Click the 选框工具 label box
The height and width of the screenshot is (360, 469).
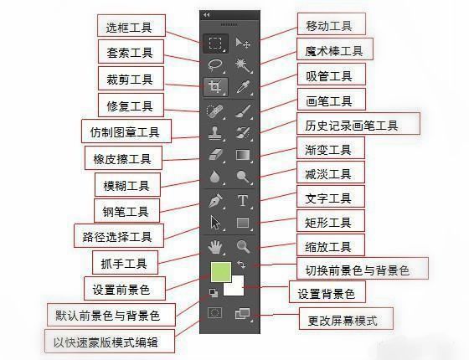(x=131, y=26)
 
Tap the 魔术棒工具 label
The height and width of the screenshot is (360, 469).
(x=334, y=51)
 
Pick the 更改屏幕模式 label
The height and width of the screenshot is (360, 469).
(x=338, y=319)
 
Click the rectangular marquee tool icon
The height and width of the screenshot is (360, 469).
(x=215, y=43)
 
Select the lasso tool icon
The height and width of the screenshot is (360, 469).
(x=215, y=64)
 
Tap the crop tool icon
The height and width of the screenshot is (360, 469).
(x=215, y=87)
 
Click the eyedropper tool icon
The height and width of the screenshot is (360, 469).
(x=244, y=87)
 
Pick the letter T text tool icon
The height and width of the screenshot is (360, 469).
(x=244, y=200)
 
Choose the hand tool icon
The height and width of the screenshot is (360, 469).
(x=215, y=246)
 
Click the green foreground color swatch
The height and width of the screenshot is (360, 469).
(x=220, y=272)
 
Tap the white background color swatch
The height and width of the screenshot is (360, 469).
(x=233, y=285)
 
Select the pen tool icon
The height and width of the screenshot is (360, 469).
(x=215, y=200)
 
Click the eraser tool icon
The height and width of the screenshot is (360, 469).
(x=215, y=155)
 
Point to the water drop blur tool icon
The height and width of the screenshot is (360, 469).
(x=215, y=177)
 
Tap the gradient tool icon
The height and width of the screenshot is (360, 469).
(x=244, y=155)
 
